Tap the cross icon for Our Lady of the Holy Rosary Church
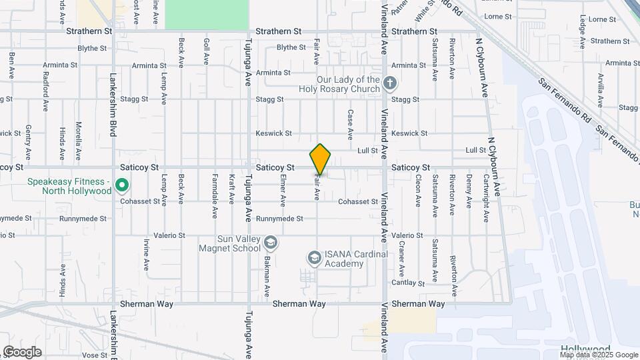pyautogui.click(x=391, y=84)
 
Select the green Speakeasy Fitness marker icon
pyautogui.click(x=122, y=186)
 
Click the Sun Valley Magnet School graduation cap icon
pyautogui.click(x=270, y=241)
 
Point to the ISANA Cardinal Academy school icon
pyautogui.click(x=314, y=257)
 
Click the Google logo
pyautogui.click(x=22, y=352)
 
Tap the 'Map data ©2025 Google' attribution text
pyautogui.click(x=599, y=355)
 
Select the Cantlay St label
pyautogui.click(x=409, y=283)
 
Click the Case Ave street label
pyautogui.click(x=350, y=125)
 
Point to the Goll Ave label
pyautogui.click(x=206, y=51)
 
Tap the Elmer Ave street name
pyautogui.click(x=283, y=191)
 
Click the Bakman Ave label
pyautogui.click(x=266, y=276)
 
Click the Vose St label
pyautogui.click(x=95, y=355)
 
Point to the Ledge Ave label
pyautogui.click(x=583, y=32)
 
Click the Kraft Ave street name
pyautogui.click(x=231, y=189)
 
